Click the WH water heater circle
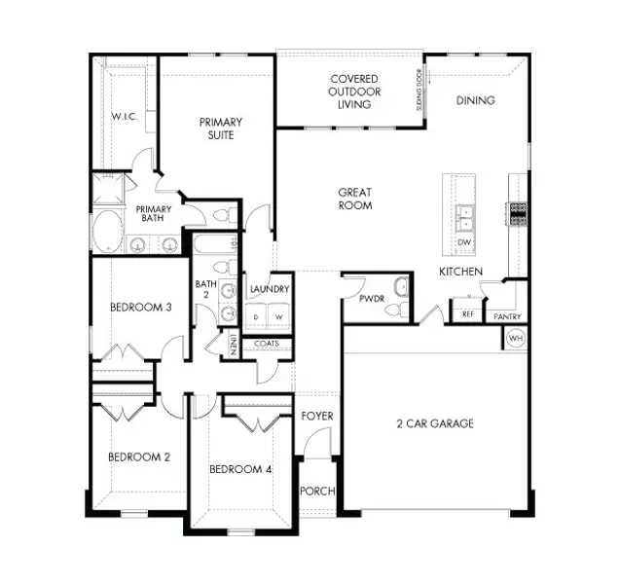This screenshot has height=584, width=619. point(514,339)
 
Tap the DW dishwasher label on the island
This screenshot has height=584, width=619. point(464,242)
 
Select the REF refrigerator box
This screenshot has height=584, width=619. point(468,314)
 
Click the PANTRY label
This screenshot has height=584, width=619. point(507,316)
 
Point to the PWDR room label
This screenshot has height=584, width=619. point(369,300)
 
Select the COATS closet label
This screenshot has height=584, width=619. point(267,343)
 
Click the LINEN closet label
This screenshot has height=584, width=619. point(235,345)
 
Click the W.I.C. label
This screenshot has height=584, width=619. point(124,116)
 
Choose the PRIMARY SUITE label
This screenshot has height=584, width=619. point(221,128)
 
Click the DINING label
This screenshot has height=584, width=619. point(476,100)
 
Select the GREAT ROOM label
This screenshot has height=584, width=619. point(354,199)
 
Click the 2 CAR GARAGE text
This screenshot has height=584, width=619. point(434,422)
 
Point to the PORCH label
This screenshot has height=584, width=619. point(316,491)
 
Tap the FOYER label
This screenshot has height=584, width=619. point(316,416)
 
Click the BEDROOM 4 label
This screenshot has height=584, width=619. point(240,469)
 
